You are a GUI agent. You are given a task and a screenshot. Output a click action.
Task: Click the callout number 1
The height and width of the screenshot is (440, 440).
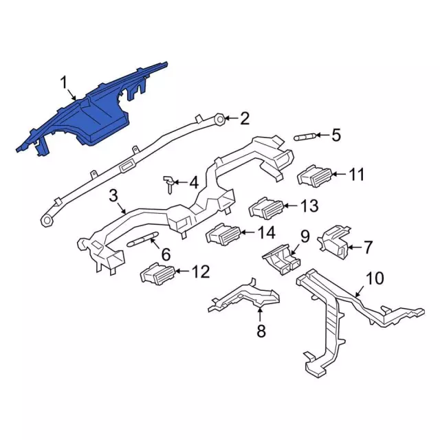64,82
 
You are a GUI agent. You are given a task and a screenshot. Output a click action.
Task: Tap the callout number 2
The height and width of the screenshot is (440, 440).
245,118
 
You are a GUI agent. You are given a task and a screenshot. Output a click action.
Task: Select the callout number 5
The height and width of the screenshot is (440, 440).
336,135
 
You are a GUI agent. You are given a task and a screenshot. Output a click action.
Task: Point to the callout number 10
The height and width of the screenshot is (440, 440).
375,278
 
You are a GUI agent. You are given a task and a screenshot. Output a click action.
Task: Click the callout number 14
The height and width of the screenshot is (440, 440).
266,232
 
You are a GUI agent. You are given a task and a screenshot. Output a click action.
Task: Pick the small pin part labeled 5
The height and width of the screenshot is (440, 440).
305,137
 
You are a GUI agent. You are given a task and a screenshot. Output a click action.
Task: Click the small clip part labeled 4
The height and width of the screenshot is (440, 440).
169,184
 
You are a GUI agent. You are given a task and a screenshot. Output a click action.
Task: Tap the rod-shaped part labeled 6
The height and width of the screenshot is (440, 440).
143,239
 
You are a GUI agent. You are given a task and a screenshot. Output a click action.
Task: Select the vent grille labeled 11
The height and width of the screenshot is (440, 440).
315,176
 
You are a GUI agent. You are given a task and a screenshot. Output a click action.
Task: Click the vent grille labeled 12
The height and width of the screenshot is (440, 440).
158,274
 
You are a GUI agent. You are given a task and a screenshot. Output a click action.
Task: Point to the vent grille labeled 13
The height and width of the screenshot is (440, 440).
267,208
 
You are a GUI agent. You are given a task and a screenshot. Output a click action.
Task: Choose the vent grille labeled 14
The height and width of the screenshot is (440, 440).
223,234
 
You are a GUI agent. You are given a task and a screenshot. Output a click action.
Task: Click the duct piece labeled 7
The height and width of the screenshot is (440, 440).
334,242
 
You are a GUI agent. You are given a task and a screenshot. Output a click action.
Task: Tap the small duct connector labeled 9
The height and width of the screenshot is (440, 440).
282,258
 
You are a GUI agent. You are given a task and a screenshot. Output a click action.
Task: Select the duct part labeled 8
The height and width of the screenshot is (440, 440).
244,297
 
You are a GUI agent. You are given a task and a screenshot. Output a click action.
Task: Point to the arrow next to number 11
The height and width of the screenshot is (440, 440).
339,174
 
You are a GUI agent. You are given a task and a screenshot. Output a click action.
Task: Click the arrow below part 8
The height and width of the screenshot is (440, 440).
261,314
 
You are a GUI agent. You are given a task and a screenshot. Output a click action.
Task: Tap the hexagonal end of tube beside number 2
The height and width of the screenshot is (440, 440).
220,120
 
